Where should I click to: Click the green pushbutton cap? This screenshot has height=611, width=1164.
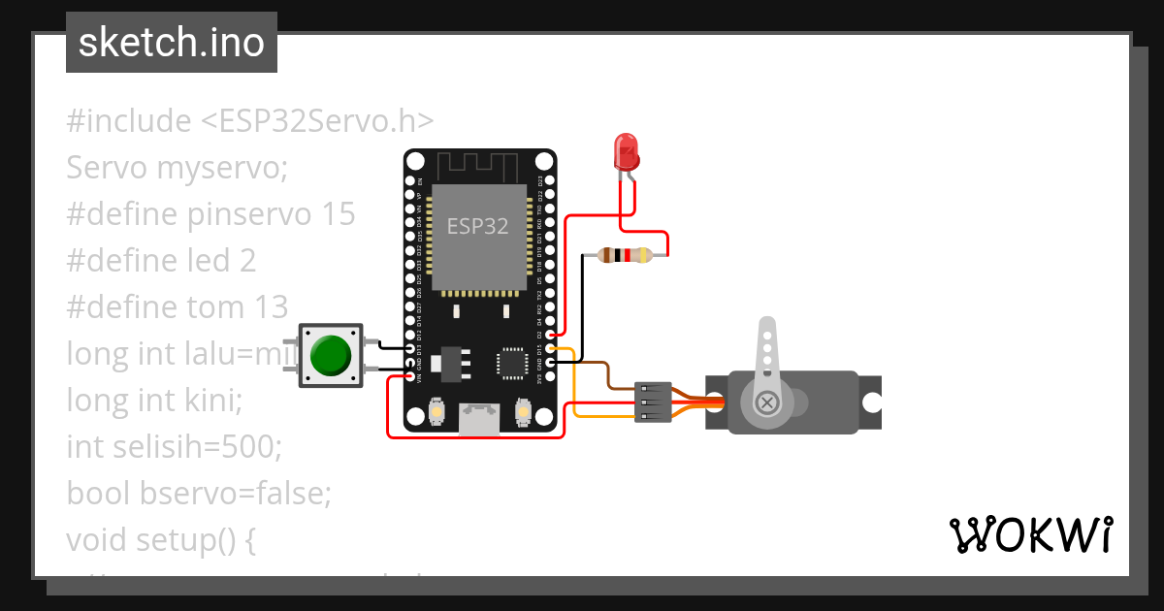[x=330, y=356]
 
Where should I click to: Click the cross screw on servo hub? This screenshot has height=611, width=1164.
[x=767, y=402]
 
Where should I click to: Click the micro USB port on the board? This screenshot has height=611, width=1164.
[x=479, y=418]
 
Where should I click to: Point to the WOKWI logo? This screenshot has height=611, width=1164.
[x=1029, y=534]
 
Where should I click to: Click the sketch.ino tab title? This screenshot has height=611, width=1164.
[x=172, y=43]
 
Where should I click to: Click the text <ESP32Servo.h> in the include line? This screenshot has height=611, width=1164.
[x=317, y=121]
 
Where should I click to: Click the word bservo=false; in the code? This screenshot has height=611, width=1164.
[x=236, y=494]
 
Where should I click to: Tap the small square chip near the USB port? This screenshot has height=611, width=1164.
[x=511, y=362]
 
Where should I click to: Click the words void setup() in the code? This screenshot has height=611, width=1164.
[x=150, y=539]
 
